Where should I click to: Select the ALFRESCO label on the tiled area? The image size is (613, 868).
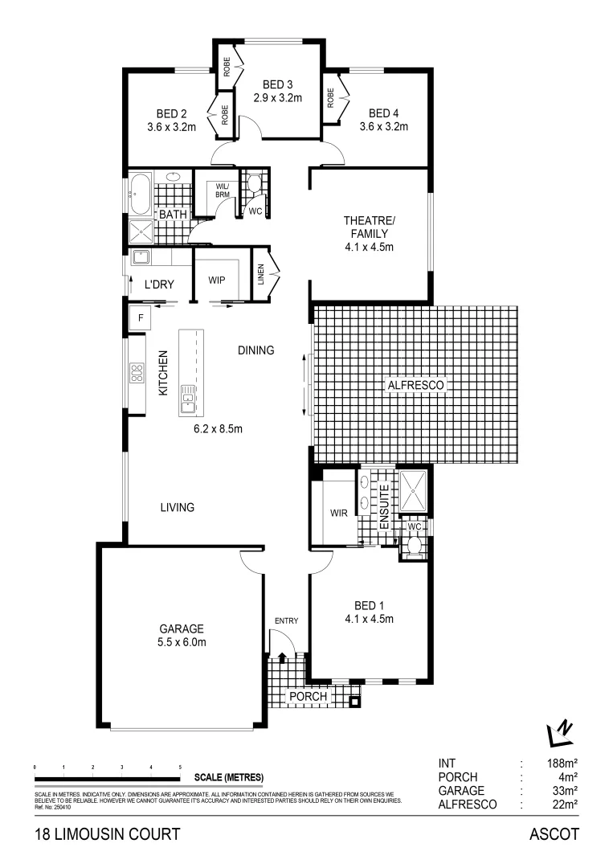pyautogui.click(x=416, y=386)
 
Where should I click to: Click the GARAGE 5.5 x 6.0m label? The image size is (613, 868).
pyautogui.click(x=181, y=635)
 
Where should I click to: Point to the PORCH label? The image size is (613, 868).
pyautogui.click(x=309, y=696)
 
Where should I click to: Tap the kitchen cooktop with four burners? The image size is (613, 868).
pyautogui.click(x=136, y=372)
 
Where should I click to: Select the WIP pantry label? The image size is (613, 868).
pyautogui.click(x=216, y=280)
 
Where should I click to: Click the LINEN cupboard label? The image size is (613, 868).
pyautogui.click(x=261, y=276)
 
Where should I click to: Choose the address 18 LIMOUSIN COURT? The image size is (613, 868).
pyautogui.click(x=107, y=834)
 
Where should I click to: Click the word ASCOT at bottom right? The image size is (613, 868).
pyautogui.click(x=554, y=834)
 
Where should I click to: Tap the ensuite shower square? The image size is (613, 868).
pyautogui.click(x=415, y=489)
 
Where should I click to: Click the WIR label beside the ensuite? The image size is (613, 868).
pyautogui.click(x=338, y=513)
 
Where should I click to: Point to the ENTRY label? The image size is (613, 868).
pyautogui.click(x=286, y=620)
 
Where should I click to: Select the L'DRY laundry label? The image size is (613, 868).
pyautogui.click(x=160, y=285)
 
